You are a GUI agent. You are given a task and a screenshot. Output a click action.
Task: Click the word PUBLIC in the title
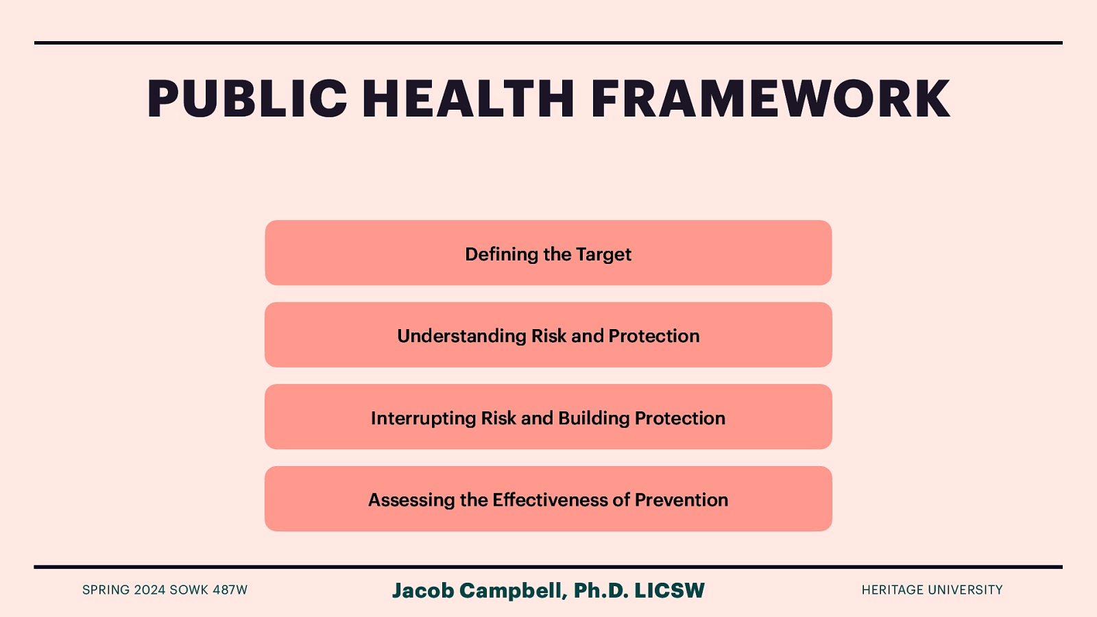tap(248, 99)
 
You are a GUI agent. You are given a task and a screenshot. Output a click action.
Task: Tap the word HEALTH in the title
tap(468, 99)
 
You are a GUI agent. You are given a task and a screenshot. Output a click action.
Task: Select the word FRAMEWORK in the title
tap(770, 99)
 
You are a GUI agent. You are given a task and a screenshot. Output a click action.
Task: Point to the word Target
tap(603, 254)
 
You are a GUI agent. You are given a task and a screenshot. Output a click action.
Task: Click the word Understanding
tap(461, 336)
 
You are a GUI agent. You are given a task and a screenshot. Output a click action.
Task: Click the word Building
tap(594, 418)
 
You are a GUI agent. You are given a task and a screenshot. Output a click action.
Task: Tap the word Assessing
tap(411, 500)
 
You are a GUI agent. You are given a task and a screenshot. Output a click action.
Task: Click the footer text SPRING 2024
tap(124, 590)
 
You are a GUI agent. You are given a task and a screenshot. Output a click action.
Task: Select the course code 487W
tap(230, 590)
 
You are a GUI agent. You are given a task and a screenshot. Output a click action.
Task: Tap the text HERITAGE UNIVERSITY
tap(932, 590)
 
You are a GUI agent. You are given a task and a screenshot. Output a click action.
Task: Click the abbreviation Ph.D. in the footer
tap(601, 590)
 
